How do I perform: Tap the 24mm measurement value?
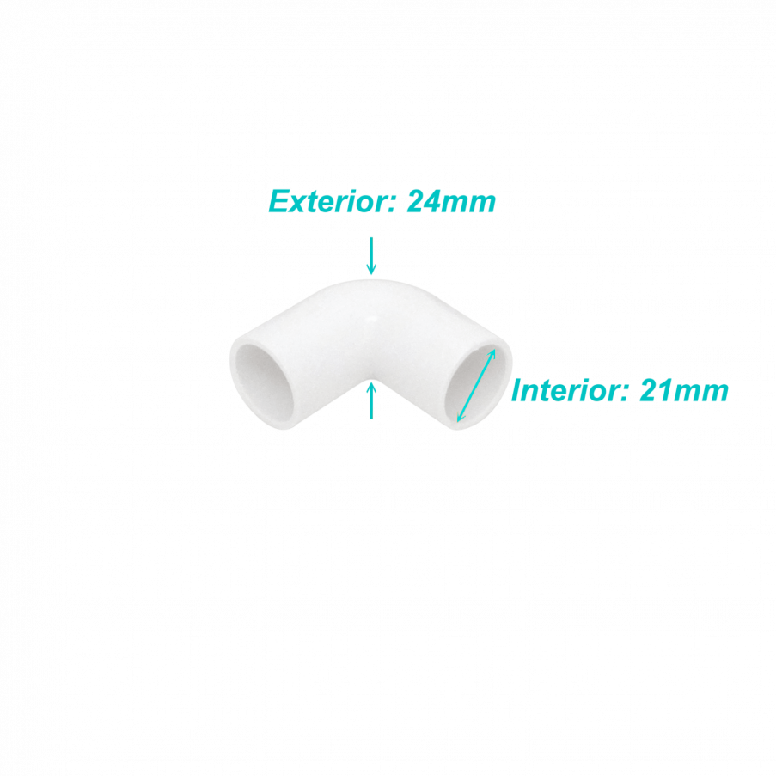pyautogui.click(x=451, y=201)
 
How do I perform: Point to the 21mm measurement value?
pyautogui.click(x=684, y=390)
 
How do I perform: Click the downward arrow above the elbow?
pyautogui.click(x=371, y=256)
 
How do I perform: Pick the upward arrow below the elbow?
pyautogui.click(x=371, y=401)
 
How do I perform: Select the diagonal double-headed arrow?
pyautogui.click(x=475, y=386)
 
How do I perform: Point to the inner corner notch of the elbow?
pyautogui.click(x=371, y=380)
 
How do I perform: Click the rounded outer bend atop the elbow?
pyautogui.click(x=371, y=287)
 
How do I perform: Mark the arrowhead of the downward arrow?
pyautogui.click(x=371, y=269)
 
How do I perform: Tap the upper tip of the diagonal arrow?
pyautogui.click(x=494, y=350)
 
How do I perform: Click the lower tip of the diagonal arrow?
pyautogui.click(x=458, y=421)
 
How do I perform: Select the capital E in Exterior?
pyautogui.click(x=279, y=201)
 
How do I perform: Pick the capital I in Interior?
pyautogui.click(x=517, y=390)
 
